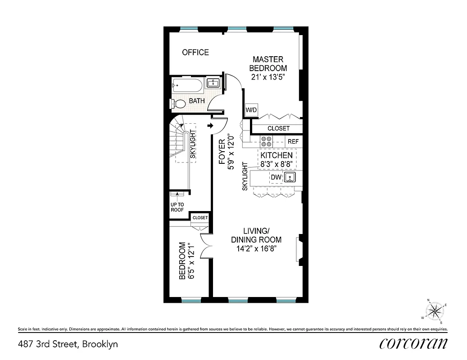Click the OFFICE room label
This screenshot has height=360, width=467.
(x=195, y=52)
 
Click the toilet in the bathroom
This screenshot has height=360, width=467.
(x=178, y=104)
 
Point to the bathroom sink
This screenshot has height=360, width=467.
(x=213, y=83)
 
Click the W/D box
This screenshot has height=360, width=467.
(x=250, y=110)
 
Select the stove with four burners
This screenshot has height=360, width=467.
(x=265, y=141)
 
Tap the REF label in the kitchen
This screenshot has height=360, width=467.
(x=293, y=141)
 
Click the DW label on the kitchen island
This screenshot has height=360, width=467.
(x=276, y=177)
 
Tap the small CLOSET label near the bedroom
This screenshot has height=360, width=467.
(x=200, y=218)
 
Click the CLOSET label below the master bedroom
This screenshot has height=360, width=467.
(x=278, y=128)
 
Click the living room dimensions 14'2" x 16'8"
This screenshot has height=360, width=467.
(x=256, y=248)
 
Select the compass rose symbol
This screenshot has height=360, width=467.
(x=435, y=310)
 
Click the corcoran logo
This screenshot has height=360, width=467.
(x=413, y=343)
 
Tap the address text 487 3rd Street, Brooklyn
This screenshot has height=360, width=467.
(x=68, y=344)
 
